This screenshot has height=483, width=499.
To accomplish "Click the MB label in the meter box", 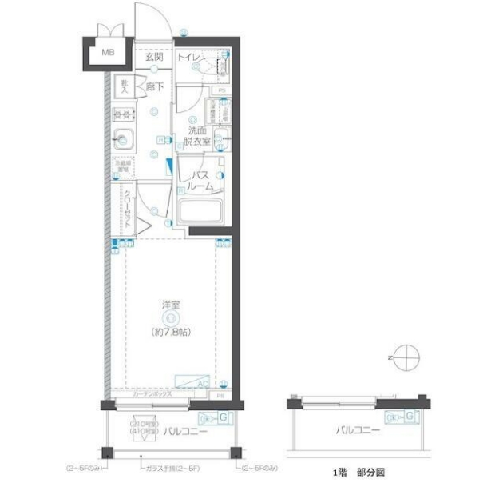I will [x=106, y=54].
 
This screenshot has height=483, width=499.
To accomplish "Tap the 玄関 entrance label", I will [x=154, y=58].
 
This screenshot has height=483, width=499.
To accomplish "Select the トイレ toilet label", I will [x=188, y=58].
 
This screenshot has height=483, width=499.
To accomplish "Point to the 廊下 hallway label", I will [x=154, y=84].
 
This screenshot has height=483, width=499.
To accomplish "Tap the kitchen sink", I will [x=125, y=139].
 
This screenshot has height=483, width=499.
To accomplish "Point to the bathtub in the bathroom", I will [x=201, y=213].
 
